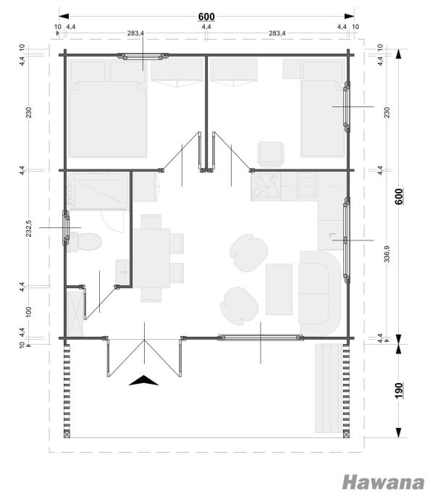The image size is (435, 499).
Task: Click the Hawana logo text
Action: (x=384, y=482)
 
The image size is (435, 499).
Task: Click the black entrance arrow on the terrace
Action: (x=144, y=380)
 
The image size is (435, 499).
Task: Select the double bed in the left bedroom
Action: (x=108, y=109)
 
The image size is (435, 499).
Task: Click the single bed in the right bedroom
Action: (x=323, y=109)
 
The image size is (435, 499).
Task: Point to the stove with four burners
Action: (x=266, y=186)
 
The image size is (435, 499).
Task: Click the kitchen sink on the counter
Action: (x=307, y=185)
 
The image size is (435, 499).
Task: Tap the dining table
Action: (x=151, y=258)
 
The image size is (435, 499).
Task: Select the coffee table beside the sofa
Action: (x=279, y=289)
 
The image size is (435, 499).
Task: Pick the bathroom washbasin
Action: (x=122, y=272)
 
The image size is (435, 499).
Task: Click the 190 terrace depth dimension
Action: (x=399, y=390)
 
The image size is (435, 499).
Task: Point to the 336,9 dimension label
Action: (x=387, y=253)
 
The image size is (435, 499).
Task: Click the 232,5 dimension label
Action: (x=29, y=228)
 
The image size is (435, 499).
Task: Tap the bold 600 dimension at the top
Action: (x=206, y=16)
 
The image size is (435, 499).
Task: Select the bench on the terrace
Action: (x=329, y=388)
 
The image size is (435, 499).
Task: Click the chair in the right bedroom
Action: (x=271, y=154)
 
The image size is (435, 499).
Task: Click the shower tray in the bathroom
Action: (x=98, y=191)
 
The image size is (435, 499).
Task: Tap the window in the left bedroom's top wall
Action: (x=143, y=56)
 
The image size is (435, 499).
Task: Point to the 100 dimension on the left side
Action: (x=29, y=312)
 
